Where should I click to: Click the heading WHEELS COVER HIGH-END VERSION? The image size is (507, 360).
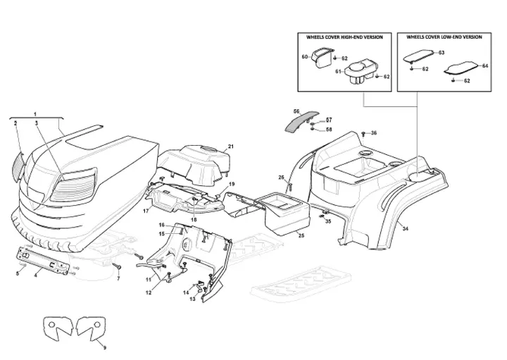coord(344,37)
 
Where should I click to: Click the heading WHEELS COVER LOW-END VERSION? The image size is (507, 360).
coord(444,37)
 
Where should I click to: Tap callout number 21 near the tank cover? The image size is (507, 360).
coord(231,147)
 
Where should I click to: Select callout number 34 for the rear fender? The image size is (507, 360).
coord(406,229)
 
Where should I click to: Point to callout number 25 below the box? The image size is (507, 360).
coord(301,236)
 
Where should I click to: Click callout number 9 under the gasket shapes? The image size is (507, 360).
coord(104,348)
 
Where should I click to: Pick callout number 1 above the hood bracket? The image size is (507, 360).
coord(35,114)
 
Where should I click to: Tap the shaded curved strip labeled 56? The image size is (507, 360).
coord(301,121)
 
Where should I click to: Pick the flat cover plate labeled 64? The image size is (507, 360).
coord(460,68)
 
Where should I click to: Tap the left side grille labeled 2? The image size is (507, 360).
coord(19,165)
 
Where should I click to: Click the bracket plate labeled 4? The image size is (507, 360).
coord(43,260)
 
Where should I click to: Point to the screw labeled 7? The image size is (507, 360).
coord(117,266)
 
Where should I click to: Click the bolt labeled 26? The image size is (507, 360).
coord(289,187)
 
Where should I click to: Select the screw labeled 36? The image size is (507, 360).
coord(364,133)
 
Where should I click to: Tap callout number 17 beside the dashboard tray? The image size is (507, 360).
coord(146,211)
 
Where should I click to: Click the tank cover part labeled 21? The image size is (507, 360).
coord(194,166)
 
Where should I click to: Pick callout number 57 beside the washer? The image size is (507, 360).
coord(329,120)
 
